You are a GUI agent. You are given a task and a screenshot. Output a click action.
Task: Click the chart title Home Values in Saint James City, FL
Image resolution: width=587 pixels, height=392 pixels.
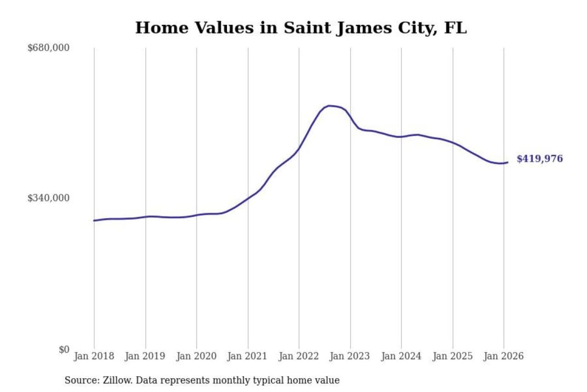coord(301,28)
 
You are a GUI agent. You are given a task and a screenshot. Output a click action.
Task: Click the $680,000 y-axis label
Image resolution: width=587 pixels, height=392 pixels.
coord(48,48)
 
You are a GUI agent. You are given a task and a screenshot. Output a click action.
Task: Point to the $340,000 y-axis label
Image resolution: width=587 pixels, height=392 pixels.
coord(48,198)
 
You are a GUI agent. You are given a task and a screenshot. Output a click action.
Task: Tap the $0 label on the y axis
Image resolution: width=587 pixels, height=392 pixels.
coord(64,350)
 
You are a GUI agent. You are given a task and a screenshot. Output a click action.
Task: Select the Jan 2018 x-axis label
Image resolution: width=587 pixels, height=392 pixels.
coord(94,356)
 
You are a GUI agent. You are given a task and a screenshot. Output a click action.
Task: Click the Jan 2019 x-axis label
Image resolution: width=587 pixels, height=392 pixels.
coord(145,356)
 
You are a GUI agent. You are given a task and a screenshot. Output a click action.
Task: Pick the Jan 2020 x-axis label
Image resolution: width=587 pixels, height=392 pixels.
coord(196,356)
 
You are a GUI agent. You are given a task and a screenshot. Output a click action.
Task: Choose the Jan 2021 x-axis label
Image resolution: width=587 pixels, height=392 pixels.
coord(247,356)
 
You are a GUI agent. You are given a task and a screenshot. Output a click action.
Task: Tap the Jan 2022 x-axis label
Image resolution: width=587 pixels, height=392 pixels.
coord(298,356)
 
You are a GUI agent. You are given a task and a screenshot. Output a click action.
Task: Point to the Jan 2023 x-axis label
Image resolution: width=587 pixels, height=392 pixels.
coord(349,356)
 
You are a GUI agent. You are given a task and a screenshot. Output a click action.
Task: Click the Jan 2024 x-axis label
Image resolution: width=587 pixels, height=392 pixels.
coord(401,356)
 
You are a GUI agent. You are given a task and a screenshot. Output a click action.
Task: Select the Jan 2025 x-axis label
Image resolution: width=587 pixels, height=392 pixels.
coord(452,356)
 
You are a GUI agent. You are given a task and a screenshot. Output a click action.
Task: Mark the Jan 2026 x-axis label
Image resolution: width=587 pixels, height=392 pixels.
coord(503,356)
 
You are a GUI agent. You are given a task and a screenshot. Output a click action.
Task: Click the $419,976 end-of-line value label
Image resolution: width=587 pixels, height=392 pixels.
coord(539,159)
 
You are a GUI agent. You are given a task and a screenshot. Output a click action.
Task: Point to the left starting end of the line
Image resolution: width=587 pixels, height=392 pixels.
coord(94,220)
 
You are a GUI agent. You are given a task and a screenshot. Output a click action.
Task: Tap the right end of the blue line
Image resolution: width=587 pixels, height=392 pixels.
coord(508,163)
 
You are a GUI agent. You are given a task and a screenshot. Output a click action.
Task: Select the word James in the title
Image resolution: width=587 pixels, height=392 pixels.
coord(364,28)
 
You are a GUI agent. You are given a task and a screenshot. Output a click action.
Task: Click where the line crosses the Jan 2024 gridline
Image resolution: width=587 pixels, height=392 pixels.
coord(401,136)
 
